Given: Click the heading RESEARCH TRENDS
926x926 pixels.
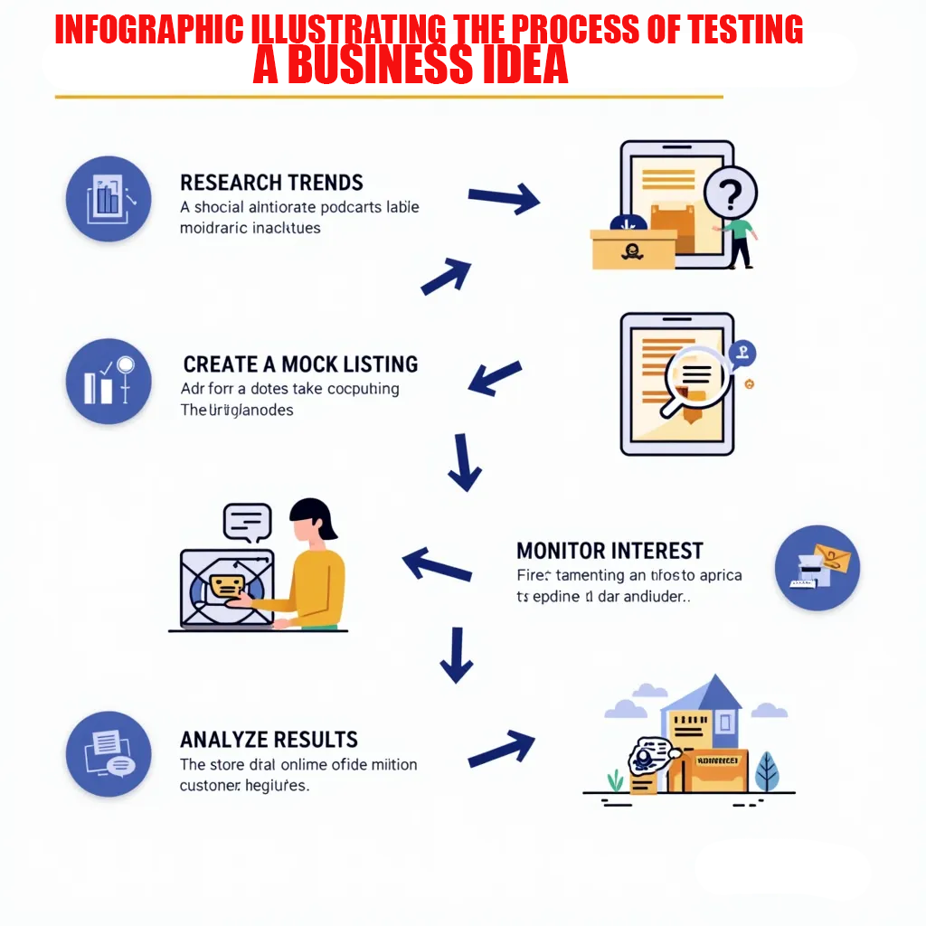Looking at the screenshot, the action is pos(271,182).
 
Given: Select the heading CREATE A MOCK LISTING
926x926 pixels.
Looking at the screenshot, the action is pos(300,364).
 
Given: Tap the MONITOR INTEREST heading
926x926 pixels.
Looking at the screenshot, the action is pos(609,551).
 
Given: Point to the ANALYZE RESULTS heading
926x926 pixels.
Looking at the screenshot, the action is pos(269,739).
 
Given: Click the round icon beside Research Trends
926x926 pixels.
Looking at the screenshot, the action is pos(109,198).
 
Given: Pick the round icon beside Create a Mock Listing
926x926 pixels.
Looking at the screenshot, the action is pos(109,382).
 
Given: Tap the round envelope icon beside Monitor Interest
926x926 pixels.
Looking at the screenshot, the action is pos(817,568).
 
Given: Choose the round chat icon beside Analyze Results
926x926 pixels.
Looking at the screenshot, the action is pos(109,753).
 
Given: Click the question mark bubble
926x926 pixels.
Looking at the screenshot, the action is pos(730,192).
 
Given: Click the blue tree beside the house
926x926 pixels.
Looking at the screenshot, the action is pos(767,770).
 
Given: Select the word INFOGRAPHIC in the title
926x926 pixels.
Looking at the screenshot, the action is pos(149,30).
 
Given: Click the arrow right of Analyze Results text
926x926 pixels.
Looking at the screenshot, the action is pos(501,747).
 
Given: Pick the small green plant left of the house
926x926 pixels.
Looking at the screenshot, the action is pos(616,780).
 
